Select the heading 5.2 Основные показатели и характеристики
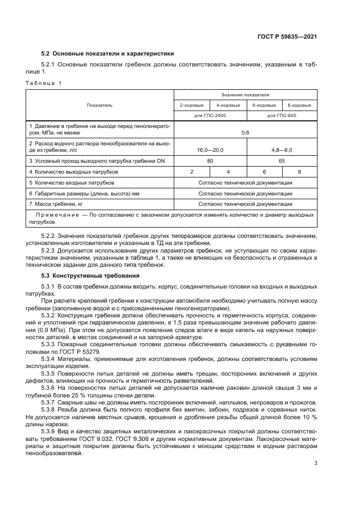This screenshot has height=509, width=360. point(108,54)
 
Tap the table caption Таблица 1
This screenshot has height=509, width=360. point(44,83)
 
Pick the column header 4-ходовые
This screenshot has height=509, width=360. point(228,105)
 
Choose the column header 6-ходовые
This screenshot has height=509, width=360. point(264,105)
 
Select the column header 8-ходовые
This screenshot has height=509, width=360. point(299,105)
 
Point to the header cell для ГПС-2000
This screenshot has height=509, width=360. point(210,115)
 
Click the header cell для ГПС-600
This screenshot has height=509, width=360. point(282,115)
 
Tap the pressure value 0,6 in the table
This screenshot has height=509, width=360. point(245,132)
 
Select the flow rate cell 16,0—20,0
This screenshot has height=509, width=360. point(210,149)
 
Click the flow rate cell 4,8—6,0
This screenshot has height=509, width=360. point(282,149)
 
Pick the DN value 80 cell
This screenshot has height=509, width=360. point(210,161)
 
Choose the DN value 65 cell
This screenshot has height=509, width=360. point(282,161)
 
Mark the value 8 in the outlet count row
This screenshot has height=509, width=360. point(299,172)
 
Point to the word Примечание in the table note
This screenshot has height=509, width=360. point(52,215)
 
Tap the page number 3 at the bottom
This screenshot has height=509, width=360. point(315,464)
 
